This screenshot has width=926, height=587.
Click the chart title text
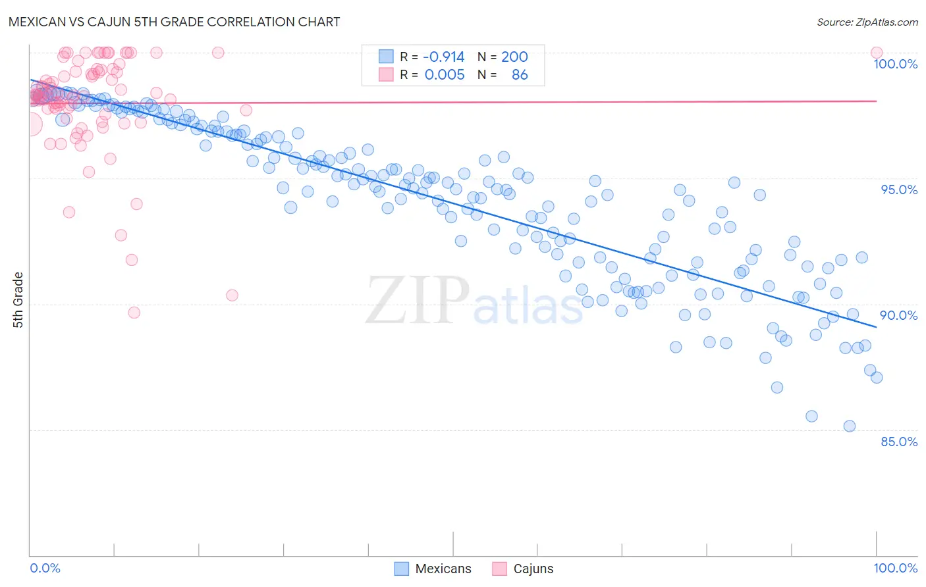pos(175,22)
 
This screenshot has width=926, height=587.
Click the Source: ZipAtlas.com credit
pos(867,22)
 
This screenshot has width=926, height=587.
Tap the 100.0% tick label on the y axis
pos(895,64)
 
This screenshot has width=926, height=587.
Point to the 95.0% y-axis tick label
pos(899,190)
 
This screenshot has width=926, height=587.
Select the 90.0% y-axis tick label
pos(898,315)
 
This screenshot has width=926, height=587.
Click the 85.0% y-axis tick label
pos(899,442)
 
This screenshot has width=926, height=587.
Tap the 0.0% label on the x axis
pos(45,568)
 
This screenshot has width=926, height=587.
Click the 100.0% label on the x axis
pos(895,568)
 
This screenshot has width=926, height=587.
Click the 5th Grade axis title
pos(18,300)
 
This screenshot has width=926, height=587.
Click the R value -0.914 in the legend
pos(443,57)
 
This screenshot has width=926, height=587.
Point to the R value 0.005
pos(445,75)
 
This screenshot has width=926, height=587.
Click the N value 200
pos(514,57)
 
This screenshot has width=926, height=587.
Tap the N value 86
pos(520,75)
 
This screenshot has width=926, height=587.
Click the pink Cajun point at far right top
pos(877,53)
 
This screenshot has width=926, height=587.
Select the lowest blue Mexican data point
pos(850,426)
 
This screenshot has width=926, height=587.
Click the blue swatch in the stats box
pos(386,57)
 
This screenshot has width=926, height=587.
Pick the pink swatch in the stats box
pos(386,75)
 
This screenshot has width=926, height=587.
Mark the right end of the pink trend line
pos(877,101)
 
